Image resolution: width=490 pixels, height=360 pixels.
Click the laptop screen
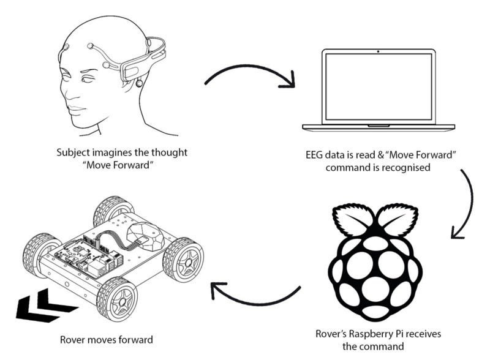point(379,86)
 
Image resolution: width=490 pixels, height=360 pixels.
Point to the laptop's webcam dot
point(379,51)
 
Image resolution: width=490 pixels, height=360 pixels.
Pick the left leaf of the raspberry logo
point(355,219)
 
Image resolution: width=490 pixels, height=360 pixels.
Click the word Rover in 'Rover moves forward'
point(73,339)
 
